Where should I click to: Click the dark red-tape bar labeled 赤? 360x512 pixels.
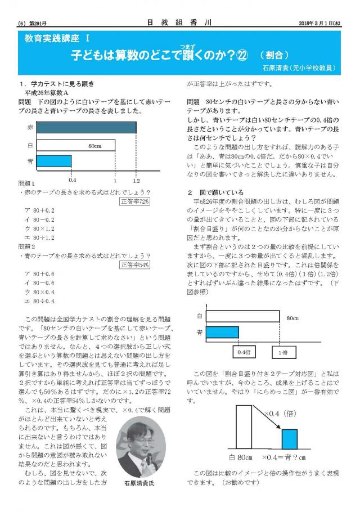click(x=87, y=128)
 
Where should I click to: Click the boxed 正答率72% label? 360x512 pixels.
click(x=135, y=201)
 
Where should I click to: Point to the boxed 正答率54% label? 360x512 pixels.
click(x=135, y=264)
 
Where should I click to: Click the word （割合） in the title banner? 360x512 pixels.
click(x=274, y=56)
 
